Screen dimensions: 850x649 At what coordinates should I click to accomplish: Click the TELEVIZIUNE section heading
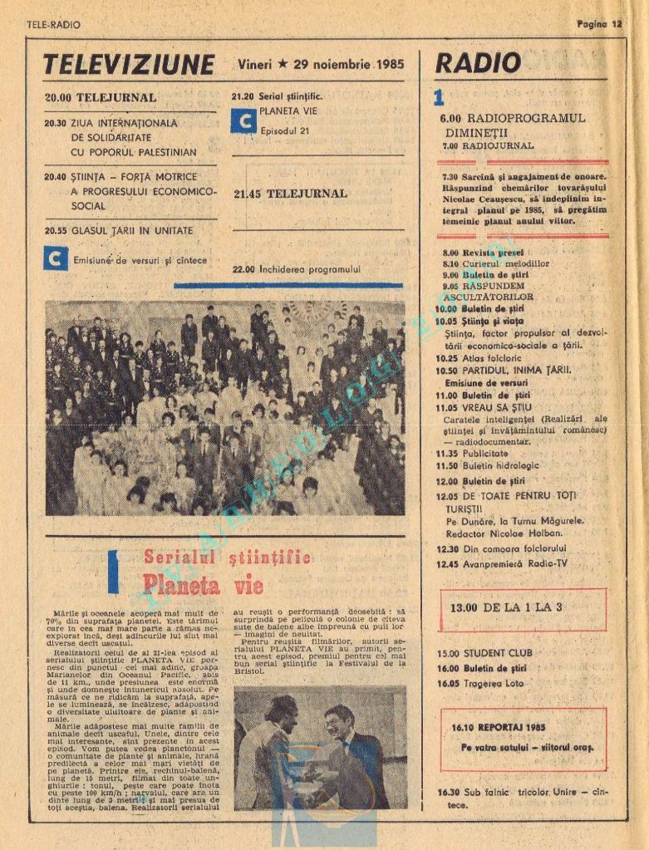coord(129,64)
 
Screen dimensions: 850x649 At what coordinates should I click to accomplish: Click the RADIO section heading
coord(478,63)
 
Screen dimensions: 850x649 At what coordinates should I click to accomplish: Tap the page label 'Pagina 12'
coord(599,24)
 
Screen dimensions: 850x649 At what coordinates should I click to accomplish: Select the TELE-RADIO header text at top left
coord(54,25)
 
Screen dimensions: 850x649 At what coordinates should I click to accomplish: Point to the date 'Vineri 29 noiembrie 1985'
coord(316,63)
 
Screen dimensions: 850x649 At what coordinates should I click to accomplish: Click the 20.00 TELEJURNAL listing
coord(101,97)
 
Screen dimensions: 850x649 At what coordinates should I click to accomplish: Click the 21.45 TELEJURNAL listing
coord(290,194)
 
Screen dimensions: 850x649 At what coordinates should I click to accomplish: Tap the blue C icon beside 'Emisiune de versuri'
coord(55,259)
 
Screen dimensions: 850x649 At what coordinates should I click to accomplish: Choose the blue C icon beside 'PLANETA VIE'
coord(243,121)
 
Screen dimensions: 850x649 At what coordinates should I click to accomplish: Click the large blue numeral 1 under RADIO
coord(439,98)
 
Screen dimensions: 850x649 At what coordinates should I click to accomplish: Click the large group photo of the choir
coord(224,407)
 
